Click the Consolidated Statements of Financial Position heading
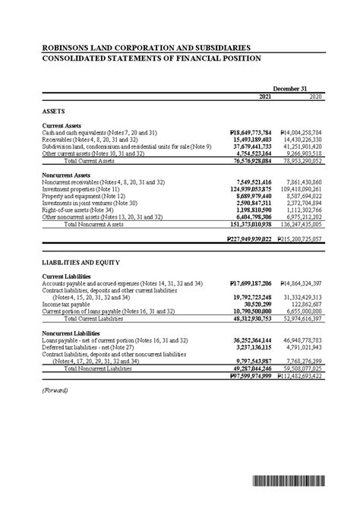(151, 58)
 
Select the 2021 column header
(264, 97)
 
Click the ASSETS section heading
(54, 111)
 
